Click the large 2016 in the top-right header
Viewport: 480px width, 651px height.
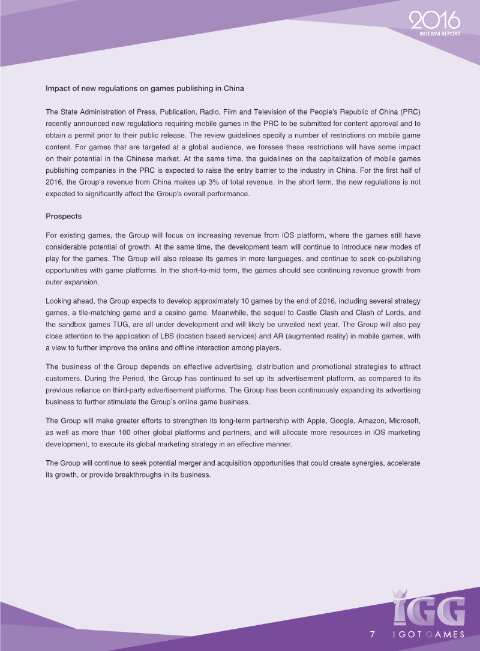click(434, 21)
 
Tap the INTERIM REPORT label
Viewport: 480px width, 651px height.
click(440, 34)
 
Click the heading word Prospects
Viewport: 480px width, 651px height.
click(64, 215)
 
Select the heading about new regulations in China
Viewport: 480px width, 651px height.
click(145, 89)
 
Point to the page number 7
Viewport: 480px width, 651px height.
click(373, 635)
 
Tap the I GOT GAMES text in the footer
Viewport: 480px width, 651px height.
click(428, 635)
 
